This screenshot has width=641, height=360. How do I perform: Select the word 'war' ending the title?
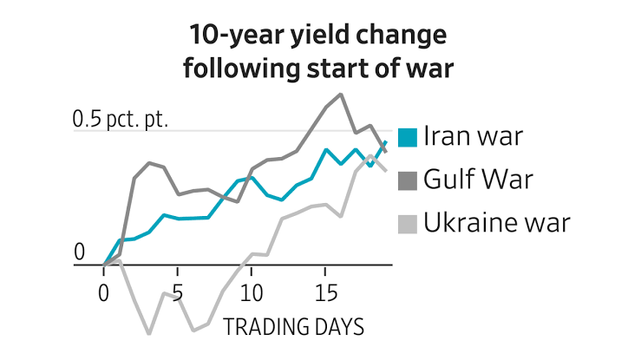[x=430, y=69]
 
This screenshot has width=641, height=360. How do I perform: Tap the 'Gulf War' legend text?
[x=478, y=180]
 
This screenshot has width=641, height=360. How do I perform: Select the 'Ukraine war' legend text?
[x=497, y=224]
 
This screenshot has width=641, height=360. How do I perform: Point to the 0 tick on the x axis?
[x=104, y=288]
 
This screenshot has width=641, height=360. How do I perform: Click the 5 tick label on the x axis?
[x=178, y=288]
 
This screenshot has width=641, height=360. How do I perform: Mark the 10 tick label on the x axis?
[x=252, y=288]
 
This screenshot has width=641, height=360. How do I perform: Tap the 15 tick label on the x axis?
[x=325, y=288]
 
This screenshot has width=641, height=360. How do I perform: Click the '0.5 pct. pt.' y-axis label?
[x=120, y=120]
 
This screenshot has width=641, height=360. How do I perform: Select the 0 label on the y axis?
[x=80, y=252]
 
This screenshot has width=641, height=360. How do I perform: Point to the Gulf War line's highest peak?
[x=341, y=94]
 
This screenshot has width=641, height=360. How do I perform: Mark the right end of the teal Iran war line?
[x=385, y=142]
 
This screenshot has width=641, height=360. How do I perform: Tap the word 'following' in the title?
[x=240, y=69]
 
